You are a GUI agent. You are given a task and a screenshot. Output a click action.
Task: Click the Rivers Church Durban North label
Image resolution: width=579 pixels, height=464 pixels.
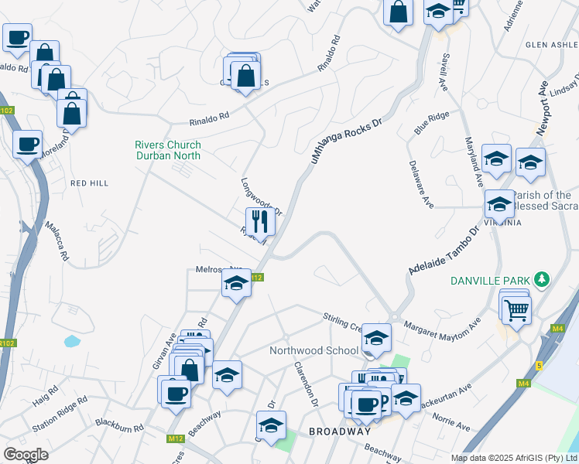pyautogui.click(x=168, y=150)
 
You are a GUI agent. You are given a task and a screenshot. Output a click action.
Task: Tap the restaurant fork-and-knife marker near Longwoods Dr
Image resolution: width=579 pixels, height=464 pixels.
pyautogui.click(x=260, y=222)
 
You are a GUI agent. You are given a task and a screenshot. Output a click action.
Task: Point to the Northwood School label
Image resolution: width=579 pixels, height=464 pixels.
pyautogui.click(x=313, y=350)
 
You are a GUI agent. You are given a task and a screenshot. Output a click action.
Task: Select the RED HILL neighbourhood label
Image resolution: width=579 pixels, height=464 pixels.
pyautogui.click(x=89, y=183)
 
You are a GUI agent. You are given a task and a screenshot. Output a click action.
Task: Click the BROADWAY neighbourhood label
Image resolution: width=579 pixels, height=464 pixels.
pyautogui.click(x=340, y=431)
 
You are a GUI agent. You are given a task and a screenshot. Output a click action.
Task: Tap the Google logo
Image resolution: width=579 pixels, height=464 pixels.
pyautogui.click(x=26, y=454)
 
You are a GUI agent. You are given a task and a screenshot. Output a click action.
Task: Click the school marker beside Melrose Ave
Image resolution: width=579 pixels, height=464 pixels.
pyautogui.click(x=237, y=284)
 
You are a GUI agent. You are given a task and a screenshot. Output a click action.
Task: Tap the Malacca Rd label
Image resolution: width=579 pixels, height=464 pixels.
pyautogui.click(x=57, y=241)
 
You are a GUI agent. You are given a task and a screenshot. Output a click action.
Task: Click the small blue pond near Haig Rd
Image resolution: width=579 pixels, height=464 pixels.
pyautogui.click(x=72, y=340)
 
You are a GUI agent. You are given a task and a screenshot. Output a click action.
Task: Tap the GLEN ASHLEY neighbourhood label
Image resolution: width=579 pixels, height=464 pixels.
pyautogui.click(x=551, y=45)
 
